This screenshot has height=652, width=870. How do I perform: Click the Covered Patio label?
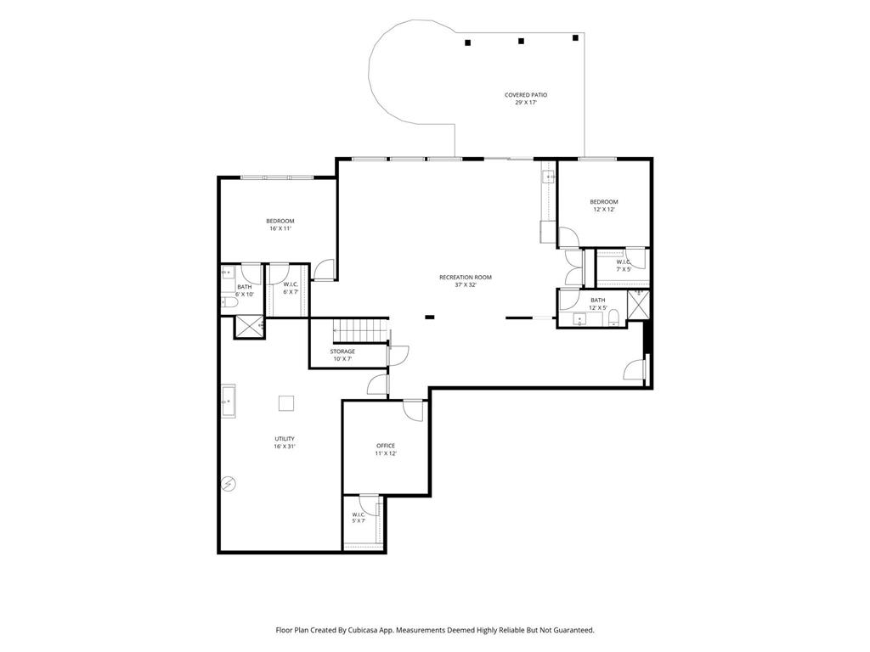(525, 98)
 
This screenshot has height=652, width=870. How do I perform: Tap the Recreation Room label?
(466, 281)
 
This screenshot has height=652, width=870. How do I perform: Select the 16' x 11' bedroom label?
(280, 224)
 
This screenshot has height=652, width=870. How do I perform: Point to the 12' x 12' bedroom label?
(604, 205)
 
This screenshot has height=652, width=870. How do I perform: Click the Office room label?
(386, 449)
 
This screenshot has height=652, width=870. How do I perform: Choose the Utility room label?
(285, 442)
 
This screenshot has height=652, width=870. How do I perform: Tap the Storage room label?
(342, 355)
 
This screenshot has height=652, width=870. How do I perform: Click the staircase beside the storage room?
(360, 330)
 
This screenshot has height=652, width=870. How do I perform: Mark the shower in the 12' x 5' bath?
(638, 305)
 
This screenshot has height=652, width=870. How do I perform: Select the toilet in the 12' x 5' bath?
(613, 318)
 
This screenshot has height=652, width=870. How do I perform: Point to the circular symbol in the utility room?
(229, 484)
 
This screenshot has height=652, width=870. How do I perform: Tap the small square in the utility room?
(286, 403)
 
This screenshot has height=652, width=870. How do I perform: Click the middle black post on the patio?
(521, 41)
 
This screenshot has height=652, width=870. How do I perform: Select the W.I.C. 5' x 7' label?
(359, 518)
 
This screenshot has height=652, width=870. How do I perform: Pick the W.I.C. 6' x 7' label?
(291, 288)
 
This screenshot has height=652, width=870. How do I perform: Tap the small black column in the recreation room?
(429, 318)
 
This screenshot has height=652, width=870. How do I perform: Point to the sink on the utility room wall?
(229, 401)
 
